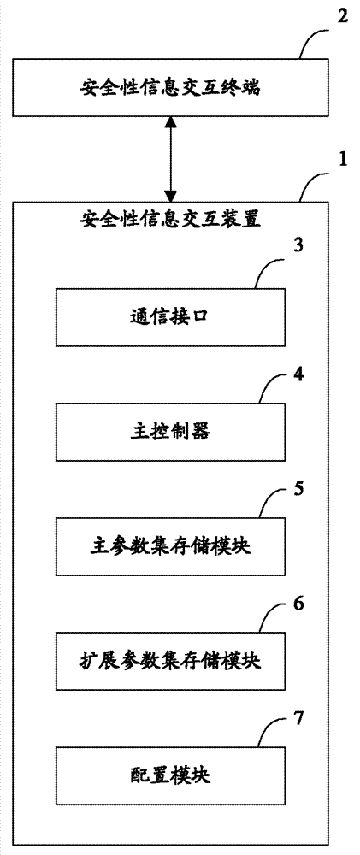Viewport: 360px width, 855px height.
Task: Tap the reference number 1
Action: [x=342, y=160]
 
